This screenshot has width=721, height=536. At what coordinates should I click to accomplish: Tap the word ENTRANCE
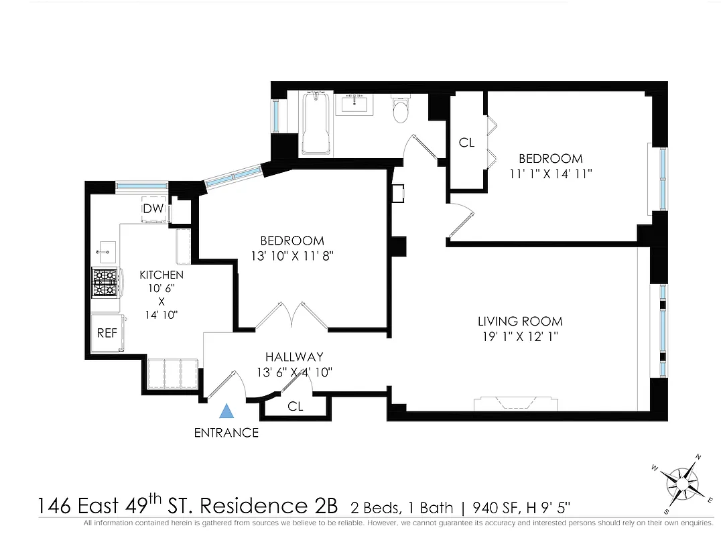click(226, 433)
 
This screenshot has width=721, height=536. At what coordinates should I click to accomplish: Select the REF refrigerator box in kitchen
click(107, 332)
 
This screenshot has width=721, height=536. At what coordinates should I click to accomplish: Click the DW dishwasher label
click(153, 209)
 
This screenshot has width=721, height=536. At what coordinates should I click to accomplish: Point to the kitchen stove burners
click(104, 282)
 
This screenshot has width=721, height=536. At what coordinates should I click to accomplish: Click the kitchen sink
click(105, 253)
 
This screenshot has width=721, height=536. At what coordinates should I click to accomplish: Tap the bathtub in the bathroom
click(315, 124)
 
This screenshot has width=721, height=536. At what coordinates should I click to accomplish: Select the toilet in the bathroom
click(401, 111)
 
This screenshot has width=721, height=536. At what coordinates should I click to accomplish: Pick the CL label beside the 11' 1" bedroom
click(467, 143)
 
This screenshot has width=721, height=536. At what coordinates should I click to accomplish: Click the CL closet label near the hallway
click(296, 407)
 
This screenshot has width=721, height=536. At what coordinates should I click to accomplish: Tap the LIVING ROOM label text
click(520, 322)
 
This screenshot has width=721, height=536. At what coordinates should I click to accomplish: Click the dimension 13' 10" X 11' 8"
click(292, 255)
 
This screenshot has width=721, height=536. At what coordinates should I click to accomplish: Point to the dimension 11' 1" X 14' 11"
click(550, 174)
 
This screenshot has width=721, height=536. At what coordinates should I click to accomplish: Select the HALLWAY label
click(294, 357)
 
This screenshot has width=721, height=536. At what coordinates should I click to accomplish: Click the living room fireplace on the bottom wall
click(515, 403)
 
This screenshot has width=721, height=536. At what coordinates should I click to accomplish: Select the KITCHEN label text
click(161, 275)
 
